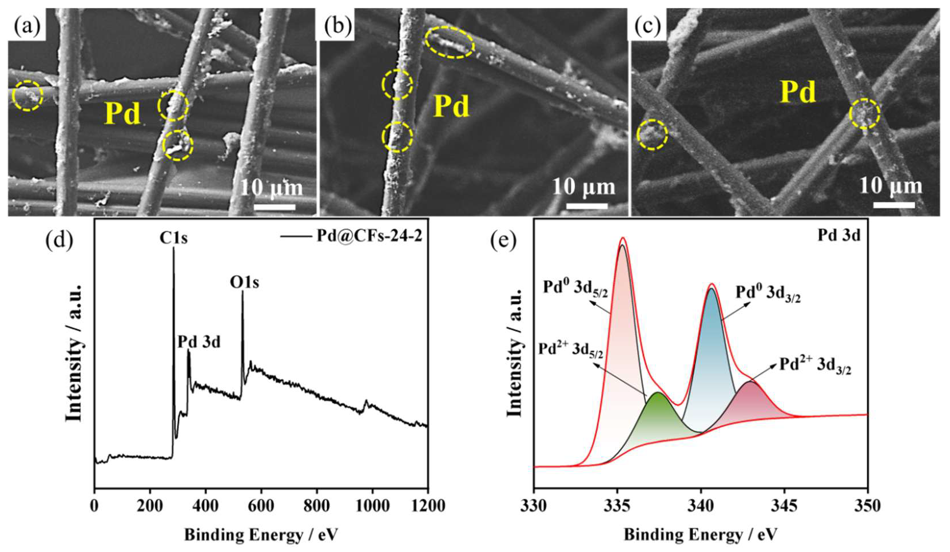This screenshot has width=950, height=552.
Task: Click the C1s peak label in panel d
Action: click(x=173, y=237)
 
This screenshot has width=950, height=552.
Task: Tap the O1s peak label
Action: click(x=244, y=282)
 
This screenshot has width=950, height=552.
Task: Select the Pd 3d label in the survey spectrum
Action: click(x=198, y=342)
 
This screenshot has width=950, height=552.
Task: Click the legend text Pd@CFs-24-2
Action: click(x=369, y=235)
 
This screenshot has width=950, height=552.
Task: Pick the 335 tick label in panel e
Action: click(x=617, y=506)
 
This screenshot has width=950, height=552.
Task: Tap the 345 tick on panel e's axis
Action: click(x=784, y=506)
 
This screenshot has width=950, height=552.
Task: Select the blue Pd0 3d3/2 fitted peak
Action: click(x=711, y=343)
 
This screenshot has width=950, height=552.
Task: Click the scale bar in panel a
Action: click(x=274, y=206)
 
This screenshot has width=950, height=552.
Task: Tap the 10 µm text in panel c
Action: click(x=891, y=186)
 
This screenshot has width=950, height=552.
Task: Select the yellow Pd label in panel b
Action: click(x=451, y=106)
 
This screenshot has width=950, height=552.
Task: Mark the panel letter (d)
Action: click(x=59, y=241)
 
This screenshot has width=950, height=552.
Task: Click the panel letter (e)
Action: click(x=504, y=241)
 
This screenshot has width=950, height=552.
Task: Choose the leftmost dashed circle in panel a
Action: click(x=27, y=96)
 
